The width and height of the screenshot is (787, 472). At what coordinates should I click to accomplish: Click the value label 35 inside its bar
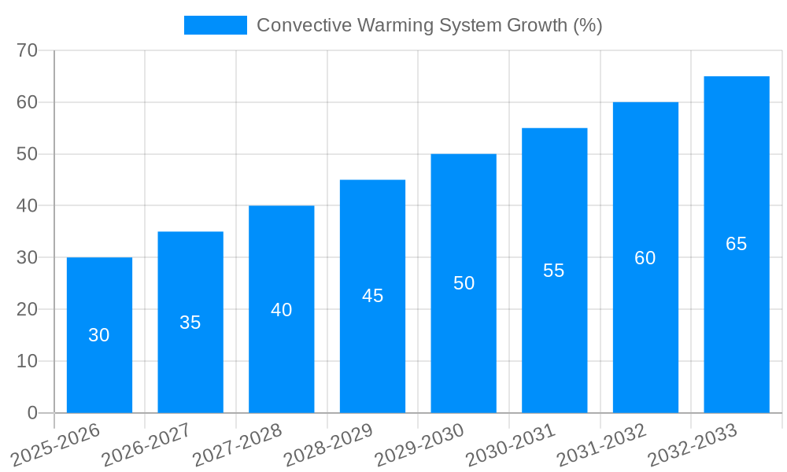(x=190, y=323)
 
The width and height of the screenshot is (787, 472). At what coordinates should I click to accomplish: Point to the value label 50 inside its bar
(x=464, y=283)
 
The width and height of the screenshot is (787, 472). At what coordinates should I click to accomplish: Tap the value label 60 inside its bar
(x=645, y=258)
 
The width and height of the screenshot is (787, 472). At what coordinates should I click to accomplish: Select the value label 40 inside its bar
(x=281, y=310)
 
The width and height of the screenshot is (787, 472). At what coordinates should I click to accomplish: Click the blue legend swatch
(x=215, y=25)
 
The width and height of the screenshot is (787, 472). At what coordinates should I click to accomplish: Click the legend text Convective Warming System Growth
(x=429, y=25)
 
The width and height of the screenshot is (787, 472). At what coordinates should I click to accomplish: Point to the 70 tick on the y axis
(x=28, y=50)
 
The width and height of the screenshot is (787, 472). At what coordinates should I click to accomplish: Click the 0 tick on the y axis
(x=32, y=413)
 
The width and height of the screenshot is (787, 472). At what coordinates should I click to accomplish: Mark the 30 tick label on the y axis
(x=28, y=257)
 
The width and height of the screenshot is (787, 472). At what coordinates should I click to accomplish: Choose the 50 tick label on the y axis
(x=28, y=154)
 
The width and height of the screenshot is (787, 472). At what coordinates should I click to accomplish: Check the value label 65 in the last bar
(x=736, y=244)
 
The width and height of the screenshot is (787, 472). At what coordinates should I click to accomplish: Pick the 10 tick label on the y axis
(x=28, y=361)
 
